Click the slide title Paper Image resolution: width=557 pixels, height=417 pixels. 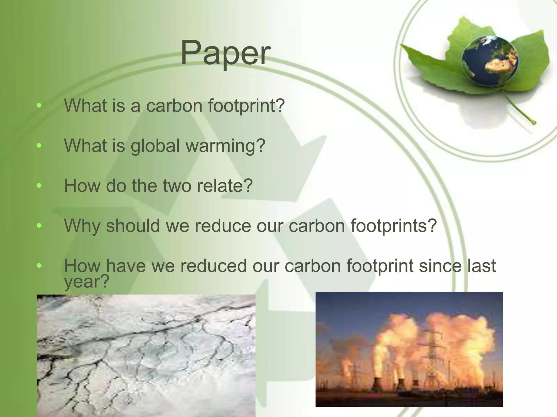click(225, 53)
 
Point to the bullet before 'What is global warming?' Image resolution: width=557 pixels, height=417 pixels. click(39, 146)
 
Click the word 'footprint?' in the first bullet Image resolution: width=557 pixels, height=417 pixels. click(246, 106)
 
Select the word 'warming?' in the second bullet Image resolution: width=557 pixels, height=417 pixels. click(225, 146)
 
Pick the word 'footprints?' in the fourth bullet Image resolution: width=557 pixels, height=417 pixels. click(394, 226)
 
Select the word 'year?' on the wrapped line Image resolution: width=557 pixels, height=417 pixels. click(86, 282)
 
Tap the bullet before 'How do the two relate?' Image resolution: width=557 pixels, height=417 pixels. click(39, 186)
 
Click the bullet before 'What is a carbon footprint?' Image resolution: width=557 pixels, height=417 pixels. click(39, 106)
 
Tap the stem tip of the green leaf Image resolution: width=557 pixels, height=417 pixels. click(534, 123)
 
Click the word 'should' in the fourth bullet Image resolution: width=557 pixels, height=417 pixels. click(133, 226)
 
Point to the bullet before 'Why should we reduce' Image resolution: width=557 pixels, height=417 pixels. click(39, 226)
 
